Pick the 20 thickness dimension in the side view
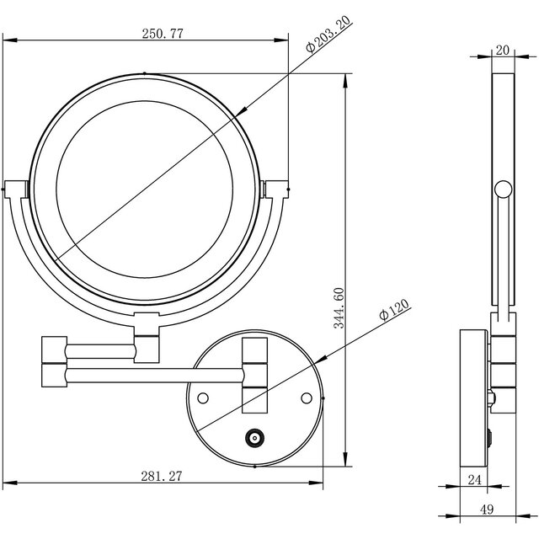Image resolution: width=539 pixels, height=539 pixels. [x=502, y=51]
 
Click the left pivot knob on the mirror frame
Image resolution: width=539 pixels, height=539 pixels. [x=16, y=189]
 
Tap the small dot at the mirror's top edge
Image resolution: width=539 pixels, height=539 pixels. [x=146, y=73]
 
